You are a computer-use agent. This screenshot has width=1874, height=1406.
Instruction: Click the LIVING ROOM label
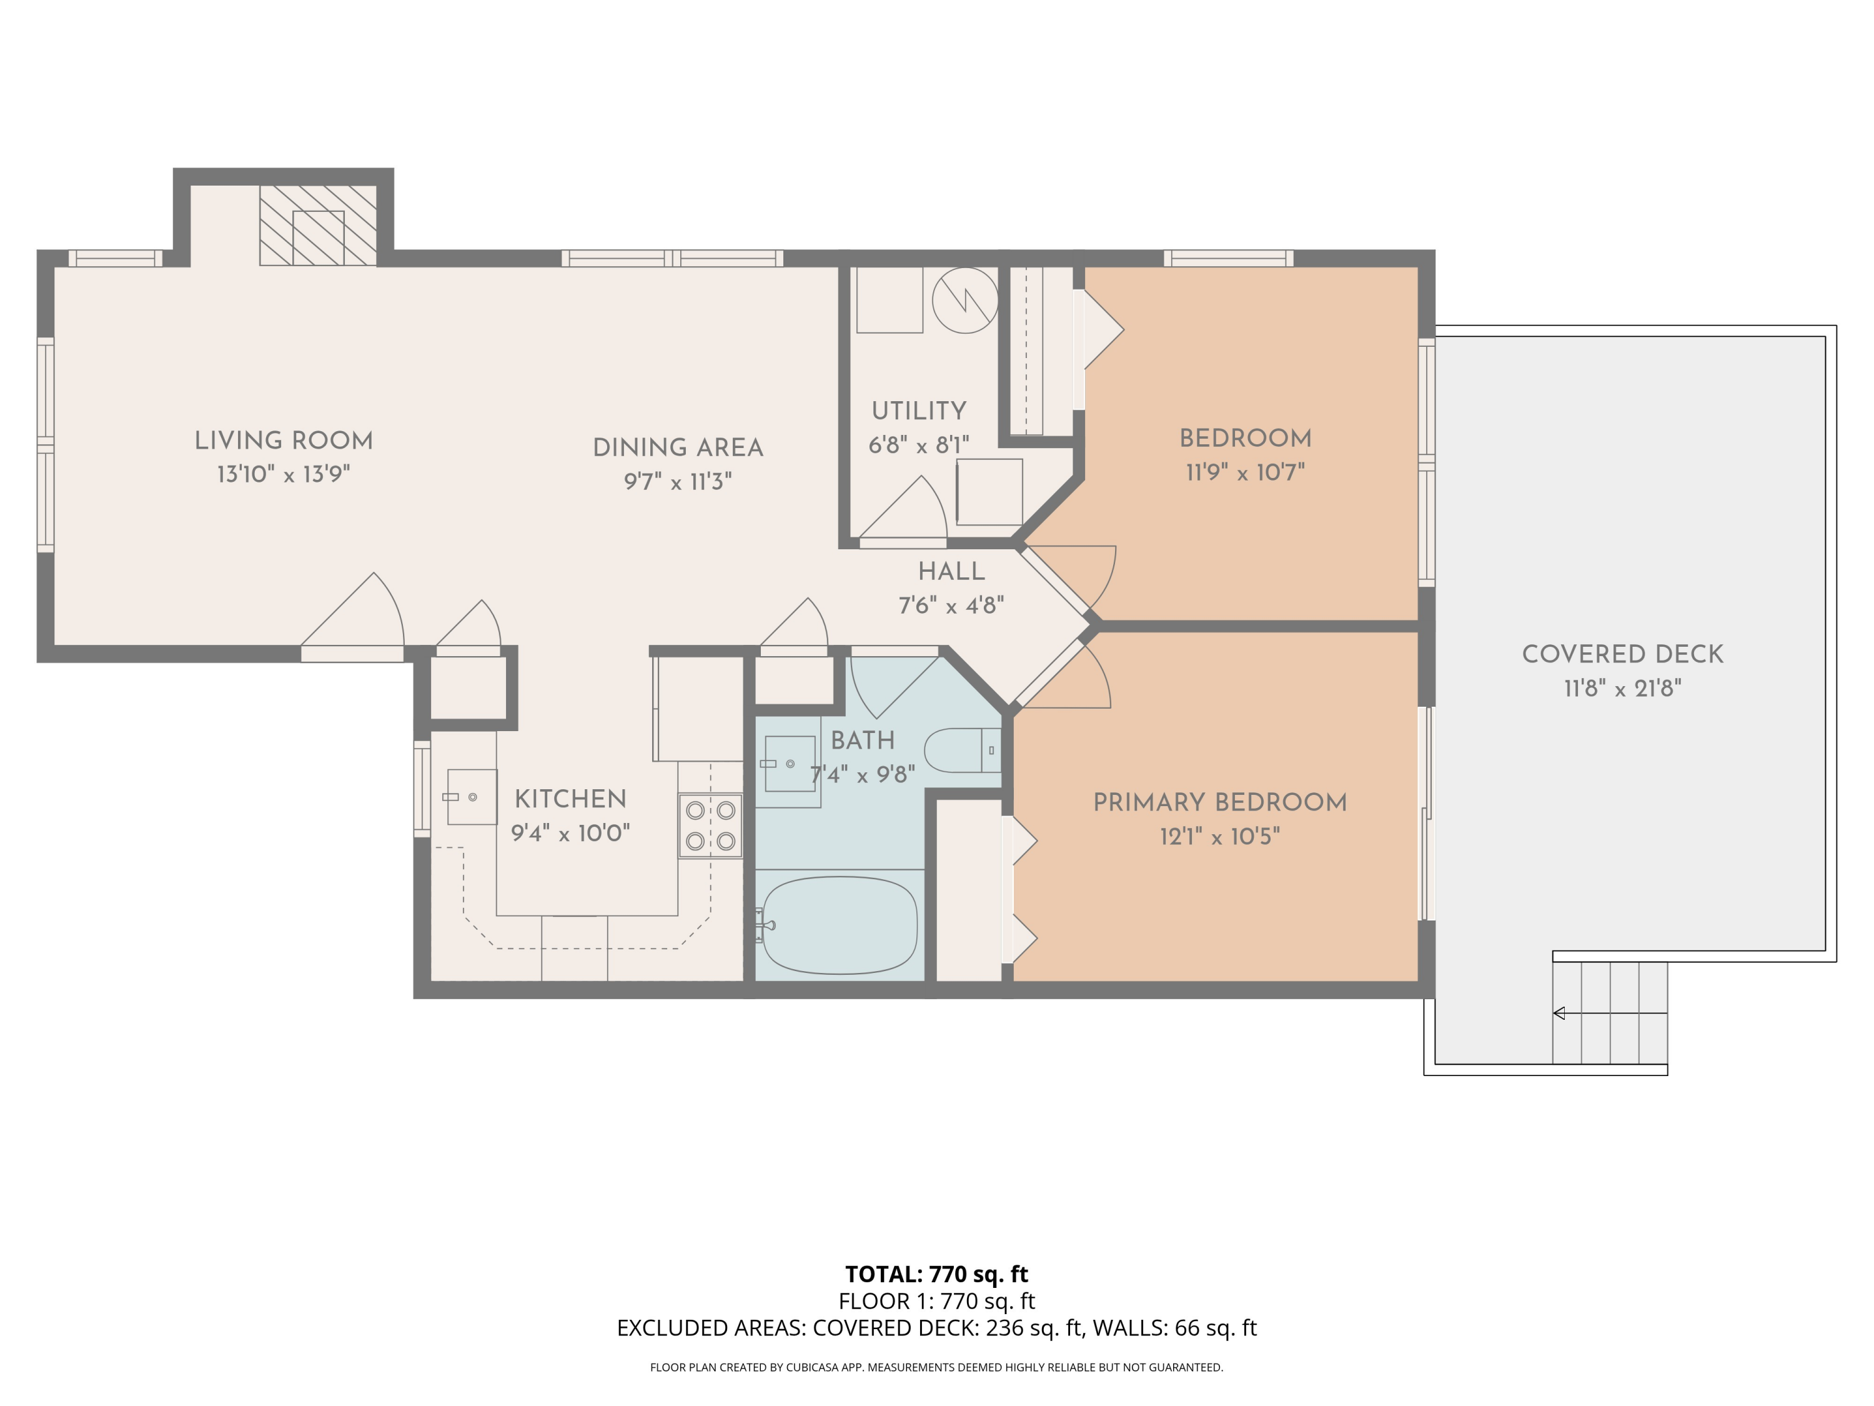[x=283, y=441]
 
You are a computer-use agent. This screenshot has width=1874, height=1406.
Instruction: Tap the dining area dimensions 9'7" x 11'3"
[x=677, y=481]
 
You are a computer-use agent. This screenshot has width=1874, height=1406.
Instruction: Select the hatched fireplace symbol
[x=318, y=226]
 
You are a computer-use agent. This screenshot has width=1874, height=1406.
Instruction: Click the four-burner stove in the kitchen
[x=710, y=825]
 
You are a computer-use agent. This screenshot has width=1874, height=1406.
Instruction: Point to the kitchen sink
[x=471, y=797]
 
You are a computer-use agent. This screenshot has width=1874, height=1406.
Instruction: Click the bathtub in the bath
[x=839, y=925]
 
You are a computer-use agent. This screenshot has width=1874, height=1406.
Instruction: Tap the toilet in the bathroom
[x=961, y=750]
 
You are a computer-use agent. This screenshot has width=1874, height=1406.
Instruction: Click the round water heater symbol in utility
[x=965, y=300]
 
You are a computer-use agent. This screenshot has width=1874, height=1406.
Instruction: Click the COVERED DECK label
[x=1622, y=654]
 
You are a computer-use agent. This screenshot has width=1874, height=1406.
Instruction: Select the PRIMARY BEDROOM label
[x=1219, y=802]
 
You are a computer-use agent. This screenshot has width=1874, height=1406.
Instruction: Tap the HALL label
[x=951, y=571]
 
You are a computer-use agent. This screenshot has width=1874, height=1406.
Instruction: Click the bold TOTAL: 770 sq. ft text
[x=936, y=1274]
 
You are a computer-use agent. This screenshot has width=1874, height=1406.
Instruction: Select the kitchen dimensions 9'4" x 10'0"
[x=570, y=833]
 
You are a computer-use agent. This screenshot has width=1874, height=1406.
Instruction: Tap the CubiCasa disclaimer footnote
[x=936, y=1367]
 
